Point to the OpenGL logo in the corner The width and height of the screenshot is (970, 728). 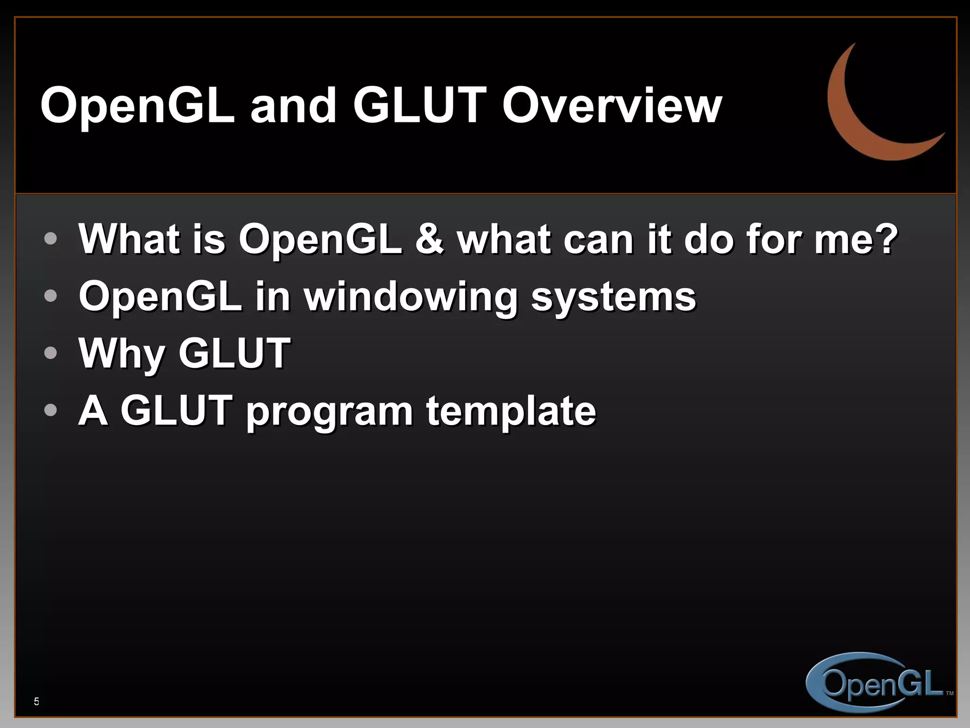pyautogui.click(x=876, y=682)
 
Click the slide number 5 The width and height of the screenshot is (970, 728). pyautogui.click(x=36, y=701)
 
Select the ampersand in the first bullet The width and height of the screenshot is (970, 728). pyautogui.click(x=429, y=239)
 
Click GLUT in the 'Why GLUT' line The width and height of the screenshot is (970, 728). pyautogui.click(x=234, y=353)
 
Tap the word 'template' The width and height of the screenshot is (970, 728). pyautogui.click(x=511, y=410)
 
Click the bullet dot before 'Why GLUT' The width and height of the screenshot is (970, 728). pyautogui.click(x=50, y=353)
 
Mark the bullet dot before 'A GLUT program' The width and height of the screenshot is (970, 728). pyautogui.click(x=50, y=410)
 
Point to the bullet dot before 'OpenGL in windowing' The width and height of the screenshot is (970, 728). pyautogui.click(x=50, y=296)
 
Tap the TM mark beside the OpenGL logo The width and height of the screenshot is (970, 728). pyautogui.click(x=949, y=693)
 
